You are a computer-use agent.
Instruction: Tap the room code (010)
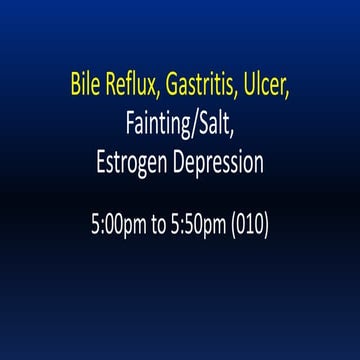click(x=249, y=224)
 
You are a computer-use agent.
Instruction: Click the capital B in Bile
click(x=75, y=82)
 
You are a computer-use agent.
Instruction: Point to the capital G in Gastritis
click(x=173, y=82)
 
